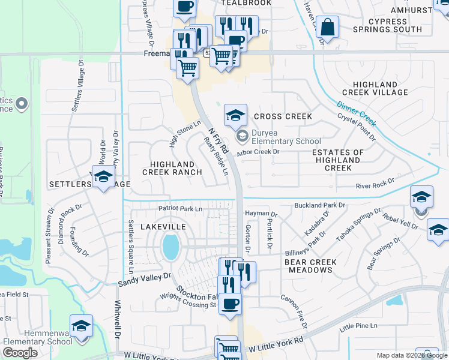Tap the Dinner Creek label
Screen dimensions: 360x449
(x=356, y=113)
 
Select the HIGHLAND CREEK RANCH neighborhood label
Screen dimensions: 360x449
(x=172, y=168)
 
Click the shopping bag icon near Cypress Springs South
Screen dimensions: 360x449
(x=328, y=28)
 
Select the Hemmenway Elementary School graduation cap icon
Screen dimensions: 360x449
(x=82, y=326)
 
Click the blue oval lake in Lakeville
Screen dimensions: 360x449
(x=170, y=246)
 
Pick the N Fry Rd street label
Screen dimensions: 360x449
(x=218, y=139)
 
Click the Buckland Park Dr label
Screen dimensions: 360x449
(x=320, y=205)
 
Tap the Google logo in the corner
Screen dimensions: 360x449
(x=20, y=353)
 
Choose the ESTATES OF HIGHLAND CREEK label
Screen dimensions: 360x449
(x=338, y=160)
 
